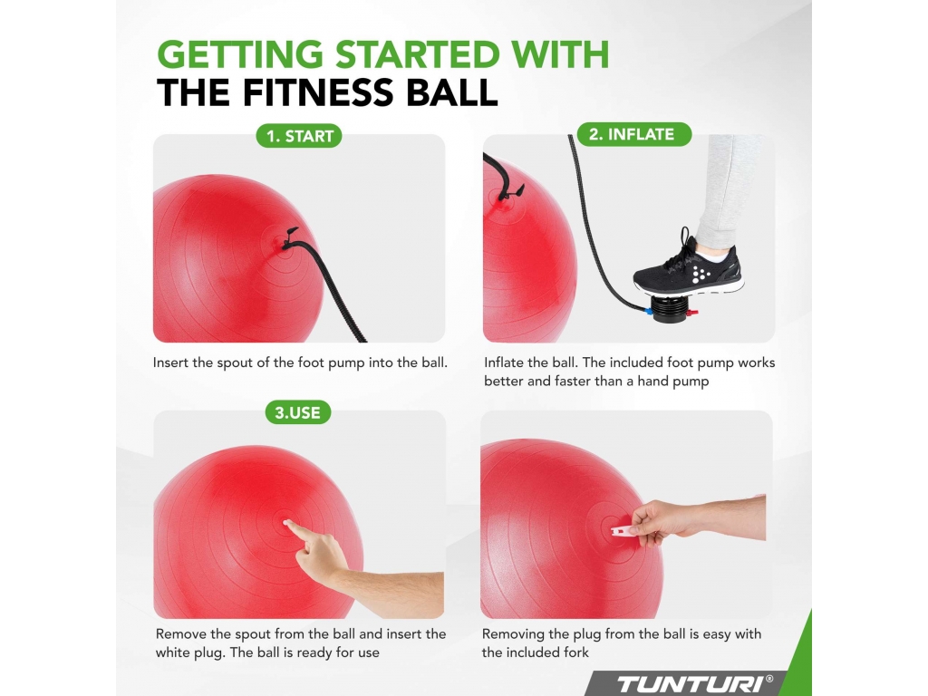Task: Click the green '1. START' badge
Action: coord(299,136)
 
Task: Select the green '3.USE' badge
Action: coord(297,412)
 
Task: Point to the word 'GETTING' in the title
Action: coord(240,54)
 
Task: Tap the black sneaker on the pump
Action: coord(690,266)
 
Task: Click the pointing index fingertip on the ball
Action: coord(287,523)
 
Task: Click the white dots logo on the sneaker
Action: coord(701,274)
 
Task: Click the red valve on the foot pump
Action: coord(693,312)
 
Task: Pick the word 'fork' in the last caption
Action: coord(575,652)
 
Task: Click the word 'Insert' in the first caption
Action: coord(170,362)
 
